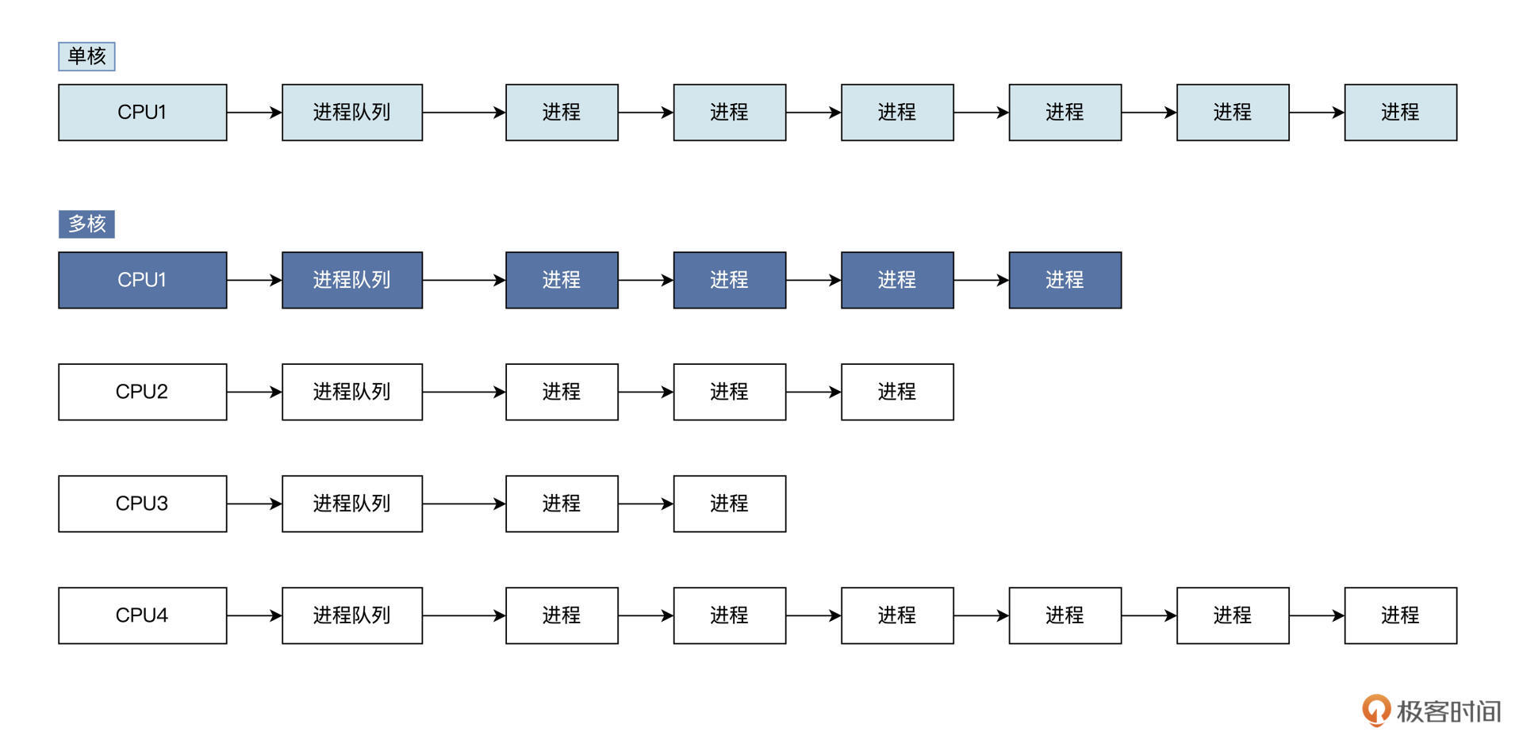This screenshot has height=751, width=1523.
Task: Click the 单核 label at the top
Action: pos(86,56)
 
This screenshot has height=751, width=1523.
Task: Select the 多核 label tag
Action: pos(86,224)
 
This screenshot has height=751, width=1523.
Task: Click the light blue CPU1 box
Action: pos(142,113)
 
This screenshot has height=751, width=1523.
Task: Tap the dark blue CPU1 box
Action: pos(142,280)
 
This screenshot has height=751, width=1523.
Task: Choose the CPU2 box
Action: pos(142,392)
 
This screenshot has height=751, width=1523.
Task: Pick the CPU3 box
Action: pos(142,504)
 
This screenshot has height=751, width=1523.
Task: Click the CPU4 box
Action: pos(142,615)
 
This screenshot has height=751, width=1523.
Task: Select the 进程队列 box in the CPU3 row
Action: pos(351,504)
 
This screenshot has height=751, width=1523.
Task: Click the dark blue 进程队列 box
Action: pos(351,280)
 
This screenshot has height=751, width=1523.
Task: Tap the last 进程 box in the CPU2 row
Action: pos(896,392)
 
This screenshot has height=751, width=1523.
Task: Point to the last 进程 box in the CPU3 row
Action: pos(729,504)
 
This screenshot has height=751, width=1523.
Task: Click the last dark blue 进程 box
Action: pos(1065,280)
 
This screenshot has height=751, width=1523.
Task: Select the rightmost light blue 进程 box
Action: pos(1400,113)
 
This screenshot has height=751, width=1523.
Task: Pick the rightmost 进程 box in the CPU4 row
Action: pos(1400,615)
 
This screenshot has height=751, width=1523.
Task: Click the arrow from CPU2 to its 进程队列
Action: pos(254,392)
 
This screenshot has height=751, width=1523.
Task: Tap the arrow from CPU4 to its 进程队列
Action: pos(254,615)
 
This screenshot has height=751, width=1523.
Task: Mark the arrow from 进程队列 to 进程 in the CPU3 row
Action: pos(463,504)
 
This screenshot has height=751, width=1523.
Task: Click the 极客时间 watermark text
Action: pos(1448,711)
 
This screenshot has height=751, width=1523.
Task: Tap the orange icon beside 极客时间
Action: pos(1376,710)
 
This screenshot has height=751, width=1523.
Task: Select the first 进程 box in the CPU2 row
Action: pos(562,392)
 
